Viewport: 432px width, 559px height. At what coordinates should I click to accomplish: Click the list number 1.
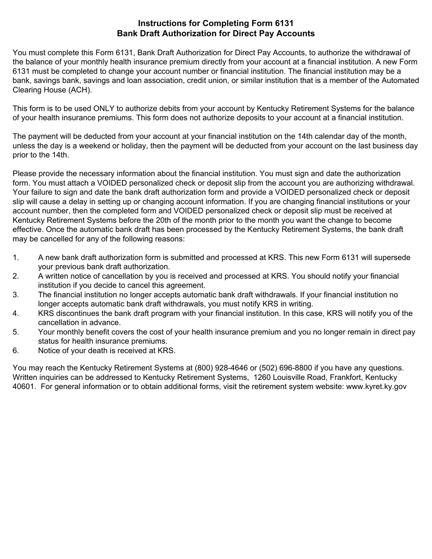point(15,258)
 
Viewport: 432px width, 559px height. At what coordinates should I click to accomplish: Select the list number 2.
point(15,276)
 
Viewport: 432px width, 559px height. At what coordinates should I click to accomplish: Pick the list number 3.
point(15,295)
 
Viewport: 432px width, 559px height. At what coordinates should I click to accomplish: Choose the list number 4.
point(15,314)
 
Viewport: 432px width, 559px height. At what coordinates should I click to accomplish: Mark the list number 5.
point(15,332)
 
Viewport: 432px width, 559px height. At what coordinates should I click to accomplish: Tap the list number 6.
point(15,351)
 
